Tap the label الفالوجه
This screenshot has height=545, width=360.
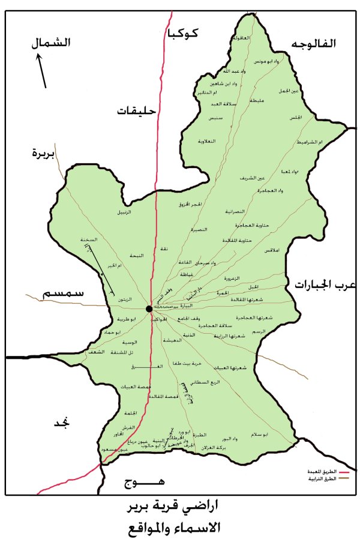pyautogui.click(x=314, y=44)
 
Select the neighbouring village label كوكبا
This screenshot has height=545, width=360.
pyautogui.click(x=184, y=34)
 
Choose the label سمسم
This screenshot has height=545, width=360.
pyautogui.click(x=62, y=294)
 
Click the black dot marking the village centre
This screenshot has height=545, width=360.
pyautogui.click(x=149, y=309)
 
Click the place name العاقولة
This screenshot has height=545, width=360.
pyautogui.click(x=240, y=38)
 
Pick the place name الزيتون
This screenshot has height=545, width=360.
pyautogui.click(x=124, y=298)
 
